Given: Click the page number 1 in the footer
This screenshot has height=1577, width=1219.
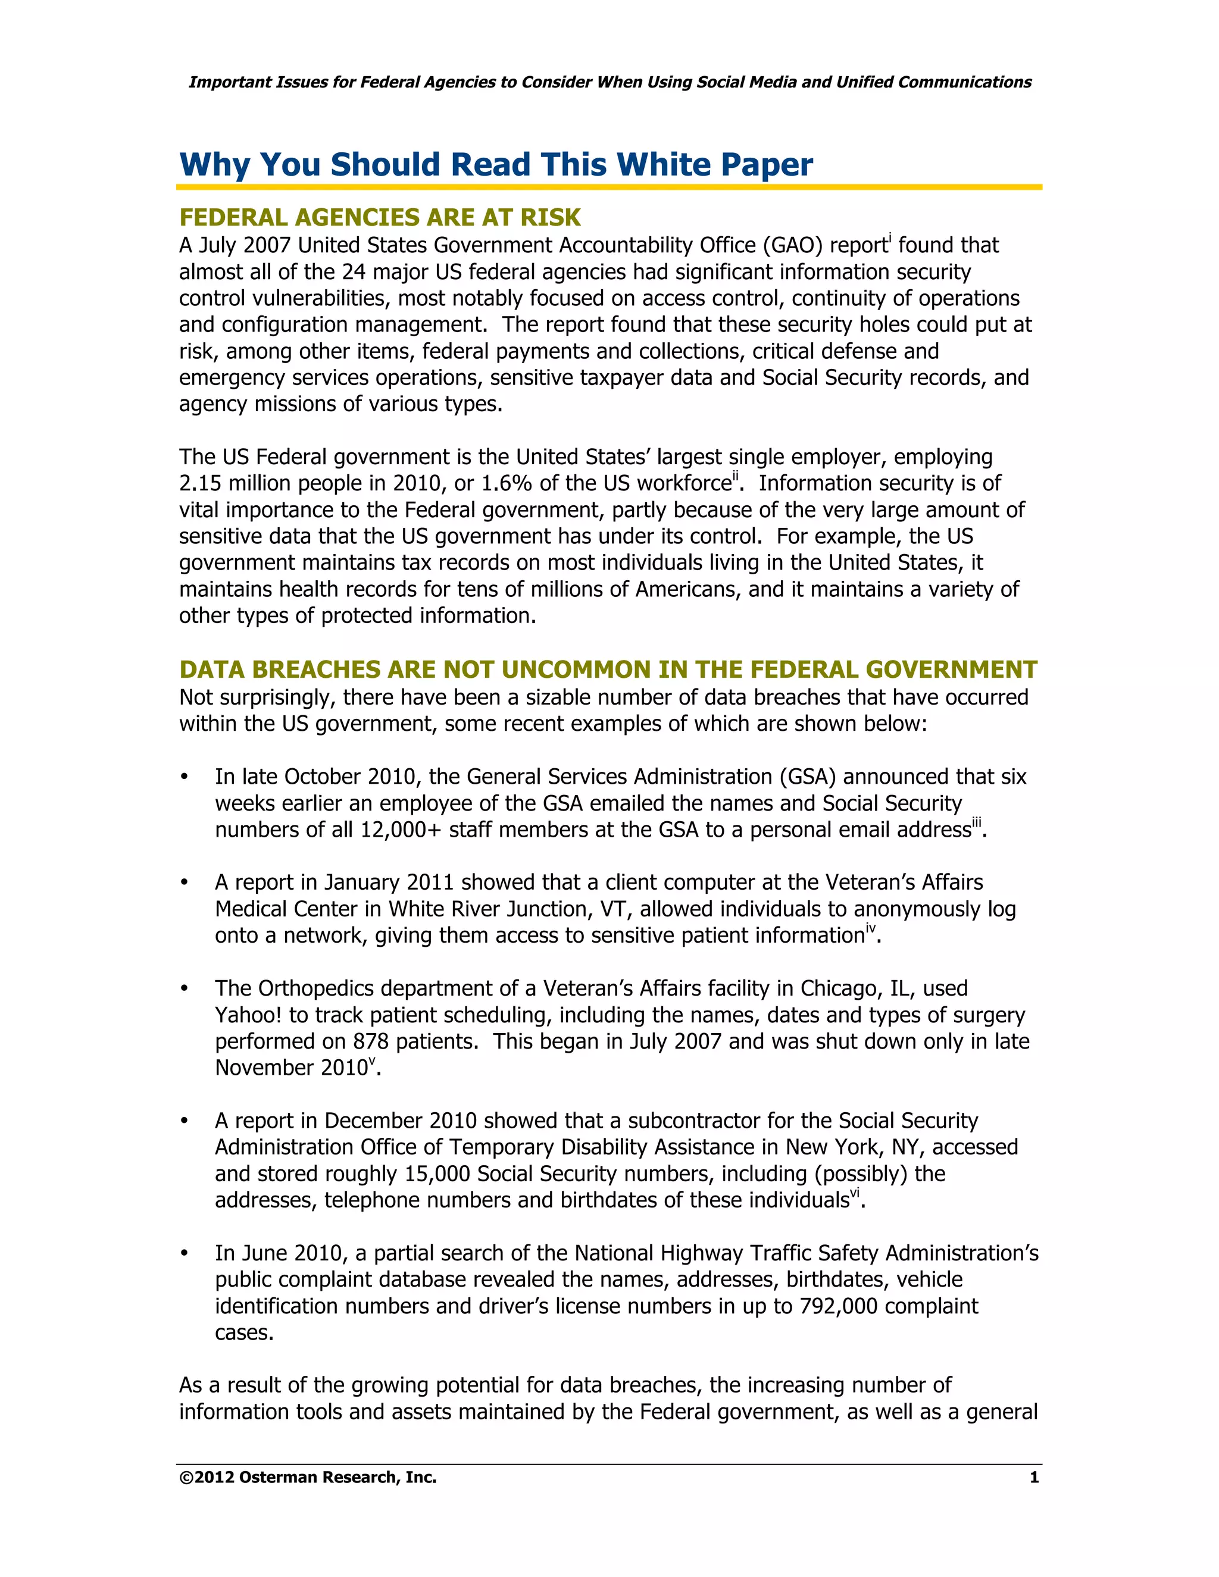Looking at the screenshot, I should point(1033,1478).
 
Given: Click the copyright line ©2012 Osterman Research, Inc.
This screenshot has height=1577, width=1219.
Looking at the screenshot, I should point(308,1478).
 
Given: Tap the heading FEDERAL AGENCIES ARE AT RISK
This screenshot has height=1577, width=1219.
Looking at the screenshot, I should point(380,217).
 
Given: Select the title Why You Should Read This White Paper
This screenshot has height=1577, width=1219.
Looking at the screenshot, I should point(496,165).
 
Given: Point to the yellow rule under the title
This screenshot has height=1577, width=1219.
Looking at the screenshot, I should point(609,187).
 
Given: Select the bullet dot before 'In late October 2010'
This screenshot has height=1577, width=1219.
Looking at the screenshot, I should point(185,777).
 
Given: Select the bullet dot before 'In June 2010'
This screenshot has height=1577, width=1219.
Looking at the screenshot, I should point(185,1253).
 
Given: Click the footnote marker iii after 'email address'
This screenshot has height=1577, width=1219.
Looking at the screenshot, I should point(976,822).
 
